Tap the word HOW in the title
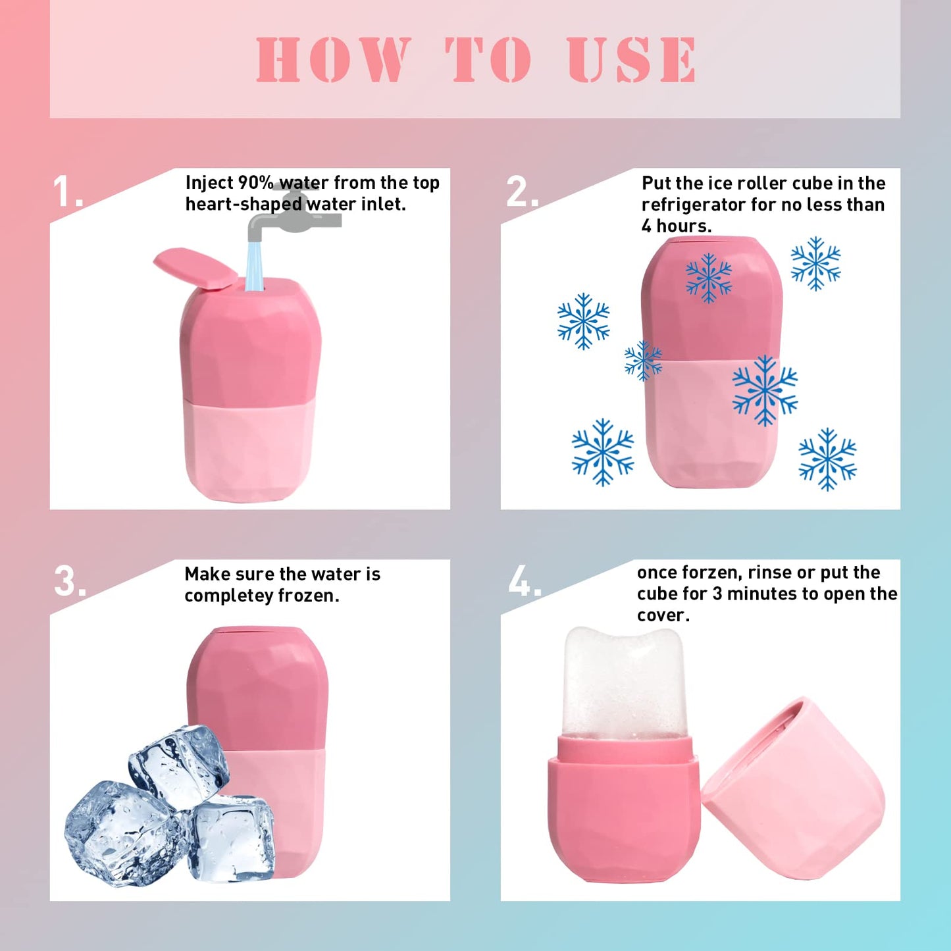pos(333,60)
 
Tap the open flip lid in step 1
pos(196,267)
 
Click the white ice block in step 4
pos(622,681)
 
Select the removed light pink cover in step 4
pos(796,790)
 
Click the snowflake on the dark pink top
pos(708,277)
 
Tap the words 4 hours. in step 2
pos(676,226)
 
